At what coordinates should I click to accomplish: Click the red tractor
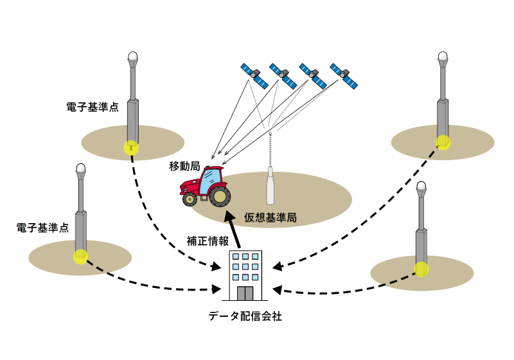tap(204, 186)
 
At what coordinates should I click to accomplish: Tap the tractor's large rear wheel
tap(220, 195)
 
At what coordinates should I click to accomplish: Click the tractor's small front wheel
tap(190, 199)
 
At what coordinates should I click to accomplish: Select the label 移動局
tap(184, 166)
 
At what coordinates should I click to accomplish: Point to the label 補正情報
tap(208, 241)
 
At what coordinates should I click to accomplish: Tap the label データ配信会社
tap(245, 316)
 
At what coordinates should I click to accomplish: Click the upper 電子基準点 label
tap(93, 107)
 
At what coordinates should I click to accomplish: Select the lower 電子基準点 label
tap(42, 228)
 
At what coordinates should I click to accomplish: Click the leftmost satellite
tap(254, 75)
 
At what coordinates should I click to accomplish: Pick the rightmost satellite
tap(344, 75)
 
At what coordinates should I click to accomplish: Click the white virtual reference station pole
tap(270, 186)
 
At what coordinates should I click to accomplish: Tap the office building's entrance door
tap(245, 293)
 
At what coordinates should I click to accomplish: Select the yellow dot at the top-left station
tap(131, 147)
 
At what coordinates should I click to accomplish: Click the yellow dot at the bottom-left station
tap(80, 256)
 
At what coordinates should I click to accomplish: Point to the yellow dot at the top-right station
tap(443, 142)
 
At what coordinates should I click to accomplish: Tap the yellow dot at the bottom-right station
tap(421, 269)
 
